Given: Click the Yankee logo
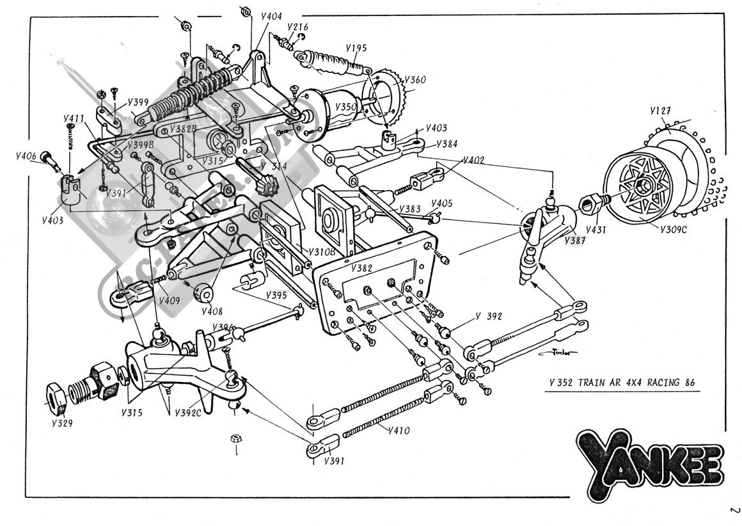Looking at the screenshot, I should (649, 460).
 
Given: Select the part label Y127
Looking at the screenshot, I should (661, 111).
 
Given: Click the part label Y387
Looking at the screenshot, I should (575, 240).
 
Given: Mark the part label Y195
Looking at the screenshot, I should (356, 48).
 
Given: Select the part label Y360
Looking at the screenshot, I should (415, 80).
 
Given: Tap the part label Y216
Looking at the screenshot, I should (298, 27).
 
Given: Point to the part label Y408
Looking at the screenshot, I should (212, 312).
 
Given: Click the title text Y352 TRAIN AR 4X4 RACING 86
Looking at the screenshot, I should (621, 383).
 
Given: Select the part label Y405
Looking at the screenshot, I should (442, 204).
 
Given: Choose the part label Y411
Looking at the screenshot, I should (75, 119).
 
